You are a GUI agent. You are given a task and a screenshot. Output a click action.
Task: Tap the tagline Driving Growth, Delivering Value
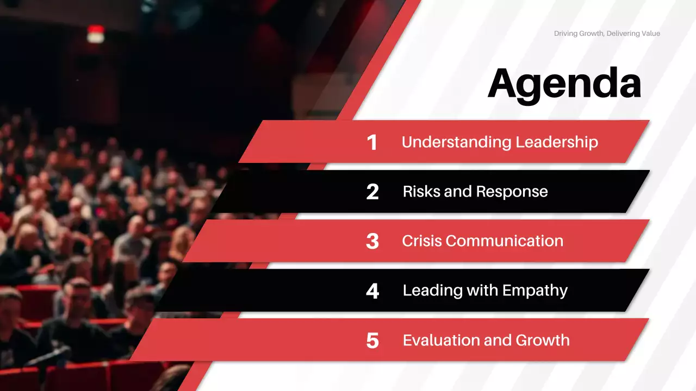607,34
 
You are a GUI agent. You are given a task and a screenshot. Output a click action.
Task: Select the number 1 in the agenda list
372,142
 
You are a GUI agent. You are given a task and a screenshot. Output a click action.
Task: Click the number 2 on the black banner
372,192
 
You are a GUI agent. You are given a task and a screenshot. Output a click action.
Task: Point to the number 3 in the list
372,241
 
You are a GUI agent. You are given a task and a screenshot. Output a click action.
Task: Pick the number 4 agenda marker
372,291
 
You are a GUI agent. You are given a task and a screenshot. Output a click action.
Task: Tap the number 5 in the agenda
372,340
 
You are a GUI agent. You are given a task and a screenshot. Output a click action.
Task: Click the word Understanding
456,142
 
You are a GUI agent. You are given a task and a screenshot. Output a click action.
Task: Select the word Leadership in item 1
557,142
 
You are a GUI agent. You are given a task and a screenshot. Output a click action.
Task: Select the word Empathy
535,291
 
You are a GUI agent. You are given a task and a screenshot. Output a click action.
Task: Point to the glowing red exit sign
96,34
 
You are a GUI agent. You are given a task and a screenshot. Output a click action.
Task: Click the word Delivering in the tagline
625,34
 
